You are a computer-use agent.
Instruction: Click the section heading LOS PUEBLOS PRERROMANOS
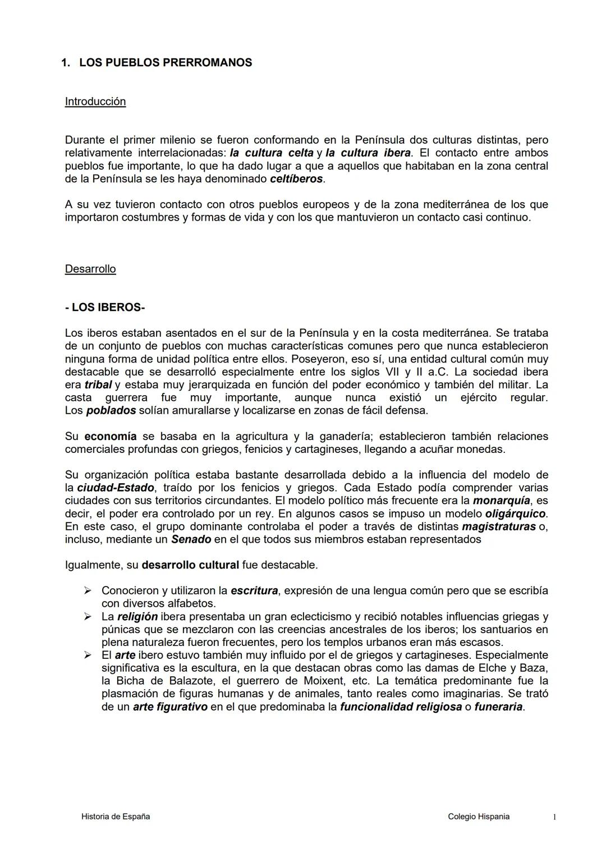click(165, 63)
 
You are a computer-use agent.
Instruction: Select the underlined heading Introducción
click(95, 102)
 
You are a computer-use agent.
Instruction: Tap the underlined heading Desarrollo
click(90, 269)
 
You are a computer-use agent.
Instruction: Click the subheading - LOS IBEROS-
click(105, 308)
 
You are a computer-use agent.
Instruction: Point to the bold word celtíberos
click(296, 179)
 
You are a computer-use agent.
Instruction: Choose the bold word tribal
click(98, 385)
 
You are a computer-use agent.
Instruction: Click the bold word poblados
click(111, 411)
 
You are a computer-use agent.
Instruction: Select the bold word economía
click(110, 437)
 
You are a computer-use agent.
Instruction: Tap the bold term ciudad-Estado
click(115, 488)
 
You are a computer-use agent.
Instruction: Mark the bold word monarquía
click(501, 501)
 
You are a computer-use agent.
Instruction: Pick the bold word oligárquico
click(515, 514)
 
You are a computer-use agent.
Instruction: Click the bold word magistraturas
click(498, 526)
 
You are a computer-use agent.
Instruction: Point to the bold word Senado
click(191, 539)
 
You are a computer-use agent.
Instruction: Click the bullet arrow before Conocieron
click(87, 590)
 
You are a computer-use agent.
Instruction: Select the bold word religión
click(137, 617)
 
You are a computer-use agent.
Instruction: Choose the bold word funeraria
click(498, 707)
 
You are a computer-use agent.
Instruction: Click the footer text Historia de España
click(116, 817)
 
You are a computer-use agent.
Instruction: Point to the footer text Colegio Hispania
click(479, 817)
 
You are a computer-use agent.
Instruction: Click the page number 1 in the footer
click(554, 817)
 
